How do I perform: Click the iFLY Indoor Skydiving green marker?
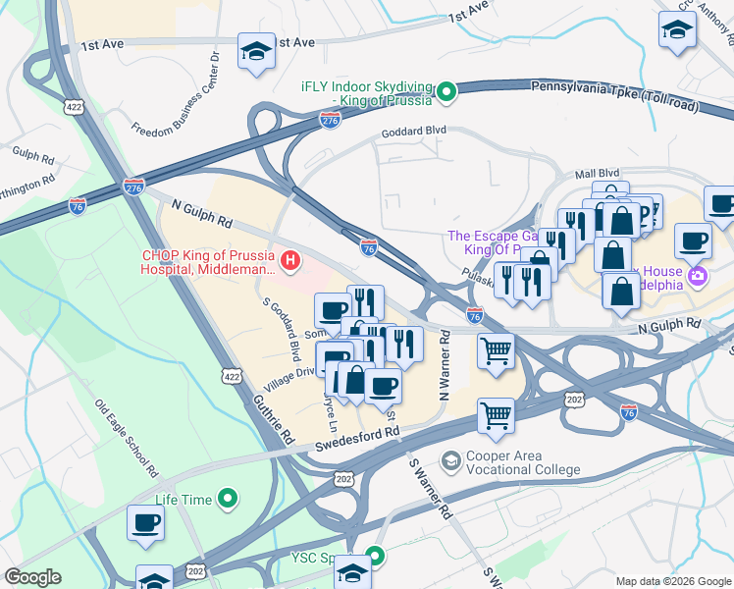click(x=447, y=93)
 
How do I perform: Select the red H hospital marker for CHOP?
click(x=290, y=260)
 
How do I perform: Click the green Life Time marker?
click(x=229, y=500)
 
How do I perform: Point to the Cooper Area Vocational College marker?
click(x=450, y=460)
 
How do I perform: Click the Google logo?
click(x=32, y=577)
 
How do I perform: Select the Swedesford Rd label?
click(x=358, y=439)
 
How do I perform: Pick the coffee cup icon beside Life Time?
click(x=145, y=522)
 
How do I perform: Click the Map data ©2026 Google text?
click(x=672, y=580)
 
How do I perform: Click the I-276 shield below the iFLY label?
click(x=330, y=120)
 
